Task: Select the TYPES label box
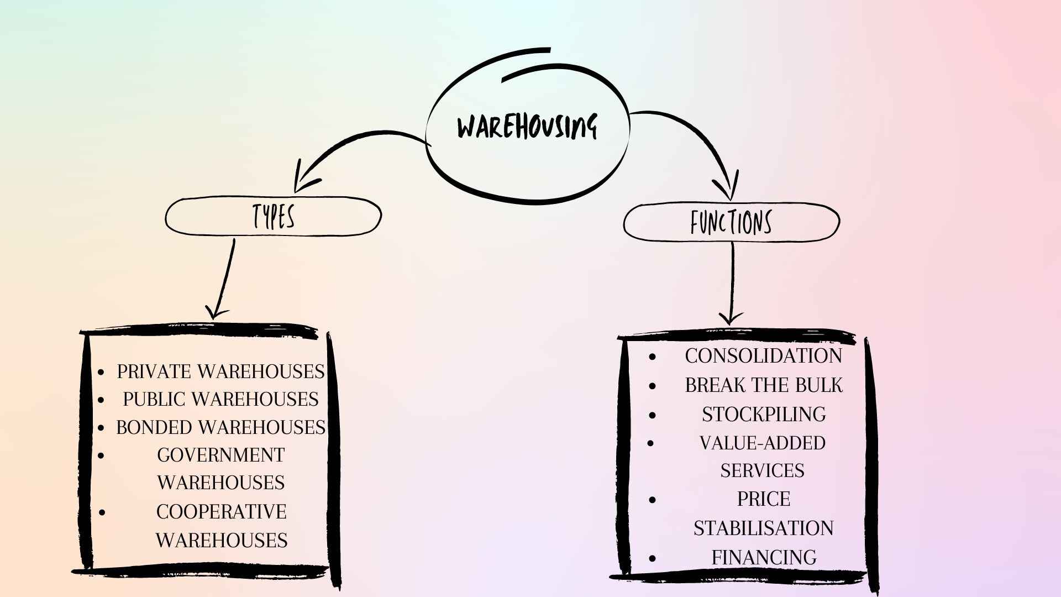pyautogui.click(x=274, y=216)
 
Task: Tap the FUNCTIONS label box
pyautogui.click(x=731, y=222)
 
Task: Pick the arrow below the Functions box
pyautogui.click(x=732, y=282)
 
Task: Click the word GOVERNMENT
pyautogui.click(x=220, y=455)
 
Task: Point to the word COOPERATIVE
pyautogui.click(x=221, y=512)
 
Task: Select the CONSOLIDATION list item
pyautogui.click(x=763, y=356)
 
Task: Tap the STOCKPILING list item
pyautogui.click(x=764, y=415)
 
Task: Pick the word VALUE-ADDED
pyautogui.click(x=763, y=443)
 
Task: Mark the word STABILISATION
pyautogui.click(x=763, y=528)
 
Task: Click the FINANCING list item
pyautogui.click(x=764, y=557)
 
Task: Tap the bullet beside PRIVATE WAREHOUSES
pyautogui.click(x=101, y=372)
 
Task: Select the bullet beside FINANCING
pyautogui.click(x=653, y=558)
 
